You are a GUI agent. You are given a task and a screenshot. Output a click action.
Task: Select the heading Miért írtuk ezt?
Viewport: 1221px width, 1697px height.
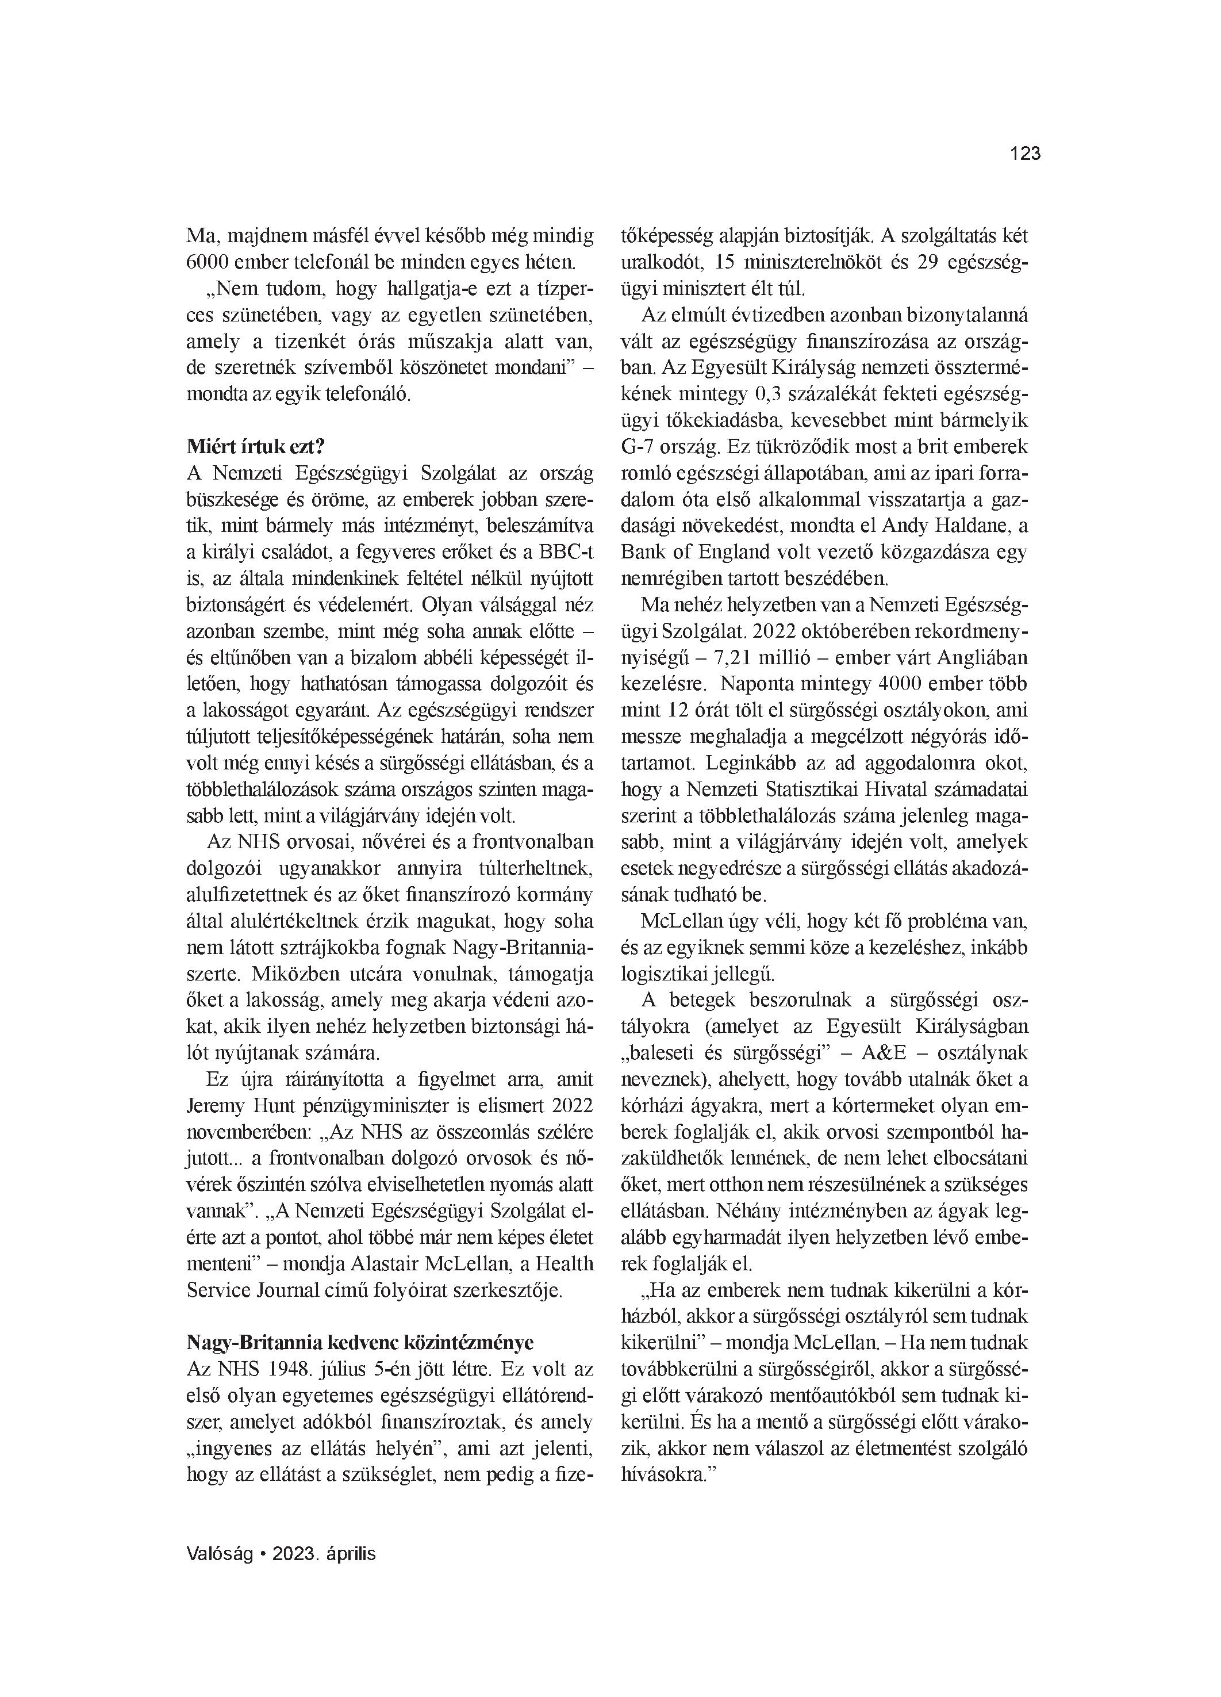point(255,447)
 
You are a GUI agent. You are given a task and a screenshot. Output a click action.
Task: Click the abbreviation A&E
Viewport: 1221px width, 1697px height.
point(884,1053)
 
